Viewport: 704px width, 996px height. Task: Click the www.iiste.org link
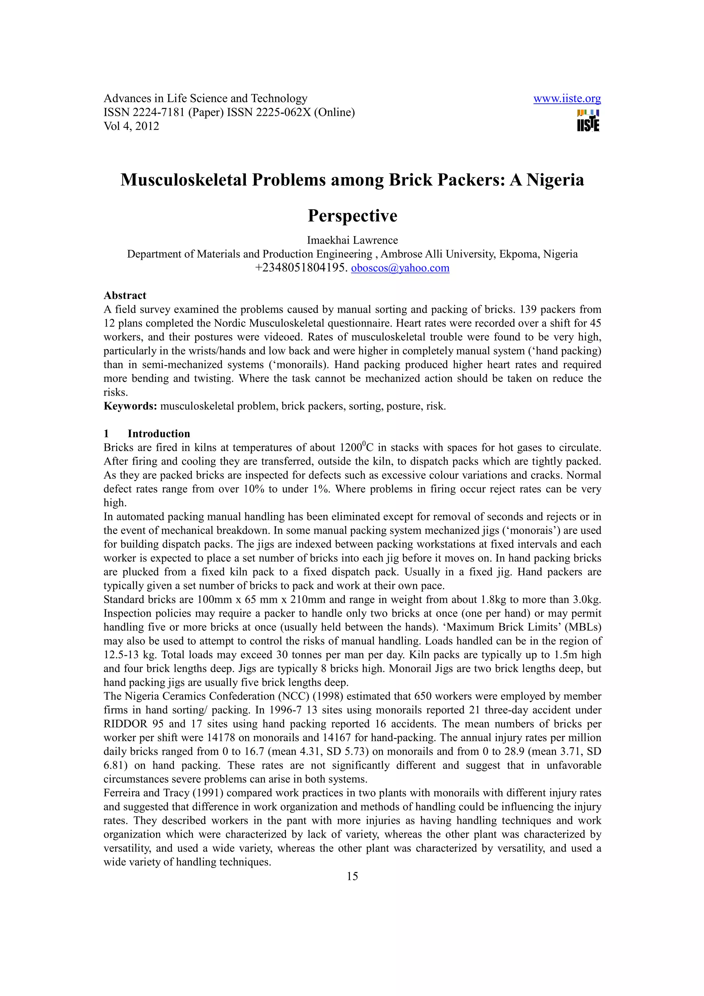pyautogui.click(x=566, y=99)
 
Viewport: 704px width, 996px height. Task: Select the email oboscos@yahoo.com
pyautogui.click(x=400, y=268)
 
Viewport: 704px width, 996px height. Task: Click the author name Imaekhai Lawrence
pyautogui.click(x=352, y=240)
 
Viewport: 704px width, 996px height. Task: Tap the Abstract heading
pyautogui.click(x=124, y=296)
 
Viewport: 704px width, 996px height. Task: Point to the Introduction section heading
pyautogui.click(x=158, y=434)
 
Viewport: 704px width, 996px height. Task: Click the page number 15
pyautogui.click(x=352, y=877)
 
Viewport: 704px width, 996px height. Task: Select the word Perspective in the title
pyautogui.click(x=352, y=215)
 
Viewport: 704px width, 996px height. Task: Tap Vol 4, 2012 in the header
pyautogui.click(x=131, y=126)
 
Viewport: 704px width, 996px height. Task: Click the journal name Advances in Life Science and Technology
pyautogui.click(x=205, y=99)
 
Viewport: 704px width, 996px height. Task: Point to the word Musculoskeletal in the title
pyautogui.click(x=184, y=180)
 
